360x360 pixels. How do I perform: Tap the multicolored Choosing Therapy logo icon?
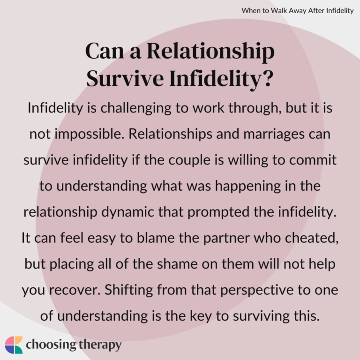(x=14, y=345)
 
